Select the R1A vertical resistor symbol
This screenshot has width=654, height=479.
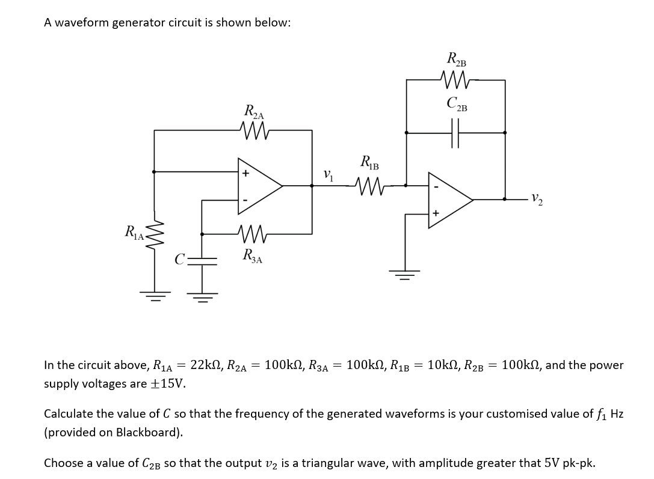(155, 230)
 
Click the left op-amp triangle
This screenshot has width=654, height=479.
(259, 186)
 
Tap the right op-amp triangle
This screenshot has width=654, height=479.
(449, 200)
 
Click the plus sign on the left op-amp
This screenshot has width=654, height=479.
(245, 174)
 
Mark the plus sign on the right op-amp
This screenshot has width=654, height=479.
(436, 213)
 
